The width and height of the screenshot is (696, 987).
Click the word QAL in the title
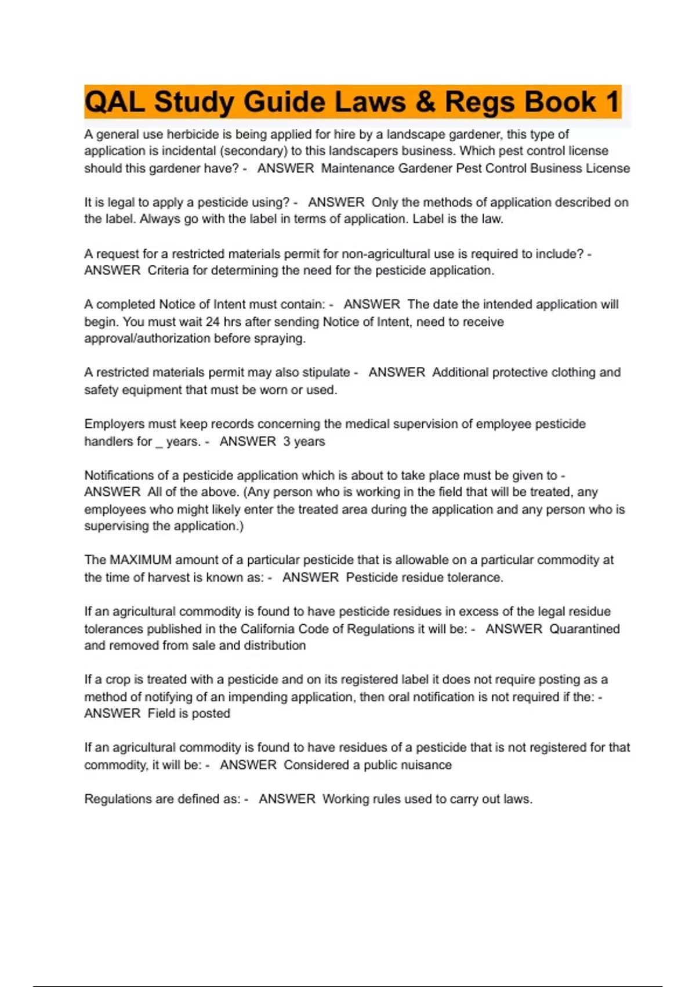coord(115,102)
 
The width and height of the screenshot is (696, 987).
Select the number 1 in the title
coord(612,102)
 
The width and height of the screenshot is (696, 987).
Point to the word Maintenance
coord(357,168)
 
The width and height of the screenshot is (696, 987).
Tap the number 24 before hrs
coord(212,322)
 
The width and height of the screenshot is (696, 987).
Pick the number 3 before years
coord(287,441)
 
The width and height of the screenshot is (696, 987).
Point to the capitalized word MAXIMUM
coord(141,560)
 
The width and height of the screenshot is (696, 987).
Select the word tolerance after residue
coord(479,578)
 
